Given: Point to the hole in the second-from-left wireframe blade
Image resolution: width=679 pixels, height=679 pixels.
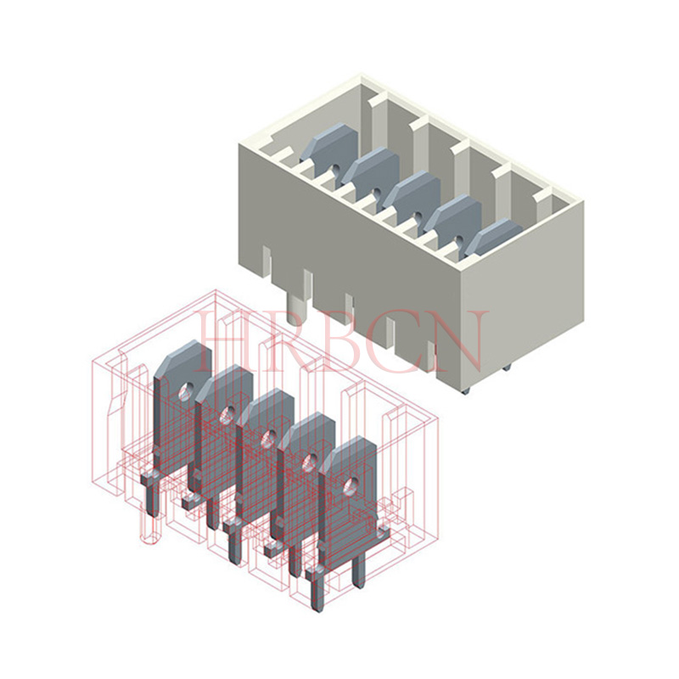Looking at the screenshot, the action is coord(227,415).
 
